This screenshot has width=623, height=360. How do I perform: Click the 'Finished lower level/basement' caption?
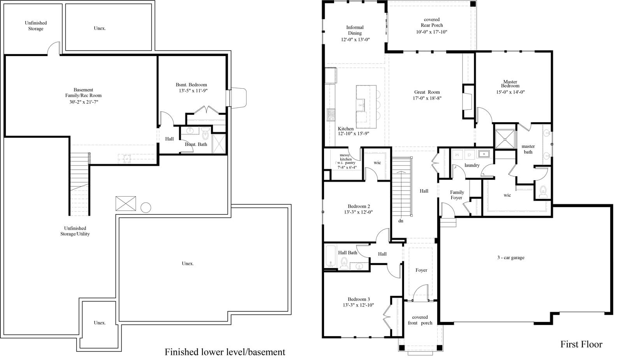[x=225, y=352]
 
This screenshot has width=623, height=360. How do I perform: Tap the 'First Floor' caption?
[x=581, y=344]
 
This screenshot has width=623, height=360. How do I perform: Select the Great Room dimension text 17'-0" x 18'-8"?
[x=427, y=98]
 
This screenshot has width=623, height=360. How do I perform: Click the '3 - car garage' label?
[x=510, y=258]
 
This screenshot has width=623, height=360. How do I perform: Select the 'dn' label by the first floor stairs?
[x=401, y=221]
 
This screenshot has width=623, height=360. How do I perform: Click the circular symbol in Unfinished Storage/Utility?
[x=146, y=207]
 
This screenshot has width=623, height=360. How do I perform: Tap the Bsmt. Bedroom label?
[x=191, y=85]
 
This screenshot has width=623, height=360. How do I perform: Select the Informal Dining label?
[x=355, y=30]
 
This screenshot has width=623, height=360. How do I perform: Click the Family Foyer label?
[x=457, y=195]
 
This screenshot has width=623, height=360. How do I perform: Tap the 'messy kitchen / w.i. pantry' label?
[x=346, y=159]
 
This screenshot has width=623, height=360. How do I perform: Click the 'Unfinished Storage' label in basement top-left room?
[x=35, y=26]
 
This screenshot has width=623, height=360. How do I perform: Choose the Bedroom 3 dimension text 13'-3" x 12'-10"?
[x=359, y=305]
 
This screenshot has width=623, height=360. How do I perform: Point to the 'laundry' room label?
[x=472, y=165]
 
